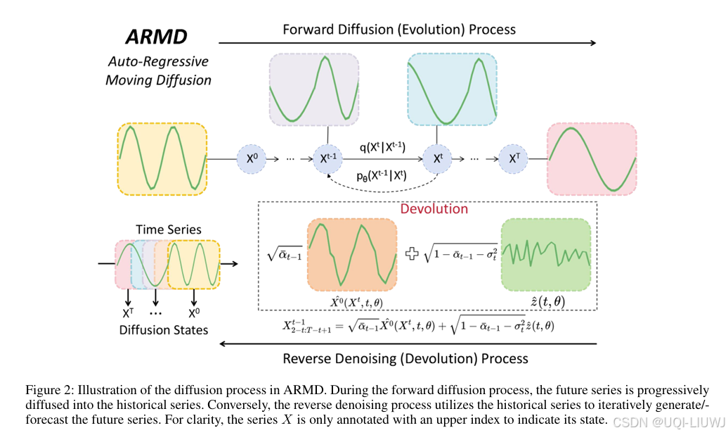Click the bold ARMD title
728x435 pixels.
[157, 37]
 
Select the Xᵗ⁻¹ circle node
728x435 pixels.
[328, 160]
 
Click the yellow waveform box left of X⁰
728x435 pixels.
[162, 158]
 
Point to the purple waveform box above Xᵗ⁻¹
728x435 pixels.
[314, 91]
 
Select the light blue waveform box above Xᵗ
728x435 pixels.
[452, 91]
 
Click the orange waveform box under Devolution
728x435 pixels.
[352, 254]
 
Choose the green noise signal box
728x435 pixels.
[546, 254]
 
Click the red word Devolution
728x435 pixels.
[434, 208]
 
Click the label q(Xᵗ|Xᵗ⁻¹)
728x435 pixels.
[382, 147]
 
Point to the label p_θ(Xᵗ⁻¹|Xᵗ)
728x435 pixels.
[382, 176]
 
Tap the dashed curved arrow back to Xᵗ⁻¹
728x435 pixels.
[383, 189]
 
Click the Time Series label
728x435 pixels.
[169, 229]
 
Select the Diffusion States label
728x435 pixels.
[164, 329]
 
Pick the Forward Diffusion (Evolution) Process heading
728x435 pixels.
[399, 30]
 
